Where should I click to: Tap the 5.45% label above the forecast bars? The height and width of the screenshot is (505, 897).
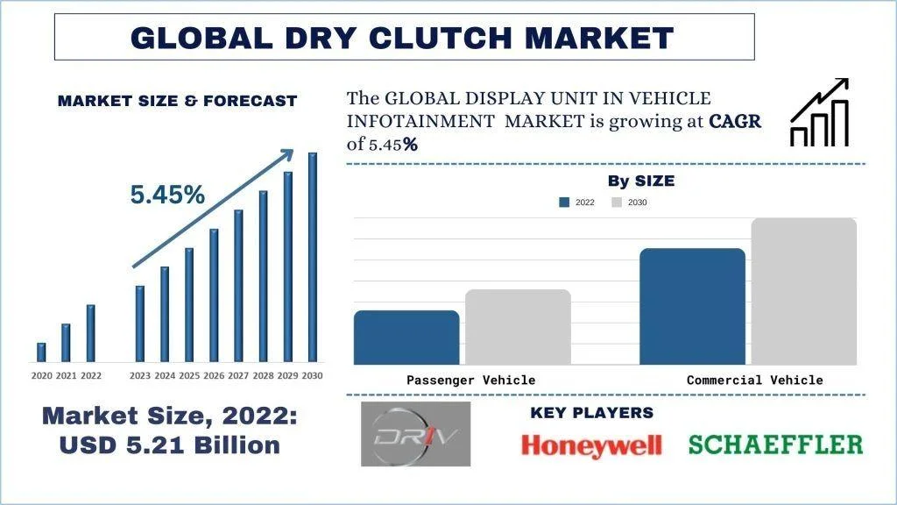pos(167,195)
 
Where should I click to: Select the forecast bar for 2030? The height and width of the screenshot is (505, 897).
pos(312,256)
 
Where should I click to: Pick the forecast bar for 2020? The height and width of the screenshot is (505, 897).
pos(41,352)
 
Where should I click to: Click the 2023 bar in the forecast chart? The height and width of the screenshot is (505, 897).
pos(140,323)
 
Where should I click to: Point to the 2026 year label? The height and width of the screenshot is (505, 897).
pos(214,375)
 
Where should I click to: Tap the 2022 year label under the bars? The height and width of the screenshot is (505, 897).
pos(91,375)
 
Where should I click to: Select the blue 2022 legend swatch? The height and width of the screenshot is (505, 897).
pos(564,203)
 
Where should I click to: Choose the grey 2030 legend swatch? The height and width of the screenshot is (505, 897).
pos(617,203)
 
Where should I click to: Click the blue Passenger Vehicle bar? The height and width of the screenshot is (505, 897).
pos(406,338)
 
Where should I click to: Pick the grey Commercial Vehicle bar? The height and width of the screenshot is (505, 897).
pos(803,291)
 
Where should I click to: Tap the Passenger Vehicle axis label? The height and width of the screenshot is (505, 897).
pos(470,381)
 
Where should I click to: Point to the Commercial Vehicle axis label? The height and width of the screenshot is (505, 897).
pos(754,381)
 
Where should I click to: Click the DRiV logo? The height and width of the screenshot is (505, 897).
pos(415,434)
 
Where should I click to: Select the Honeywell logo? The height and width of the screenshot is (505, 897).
pos(591,445)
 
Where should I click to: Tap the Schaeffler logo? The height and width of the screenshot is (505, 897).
pos(775,445)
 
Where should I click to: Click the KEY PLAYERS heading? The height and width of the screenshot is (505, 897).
pos(591,413)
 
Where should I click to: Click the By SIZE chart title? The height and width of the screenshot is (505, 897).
pos(641,181)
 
